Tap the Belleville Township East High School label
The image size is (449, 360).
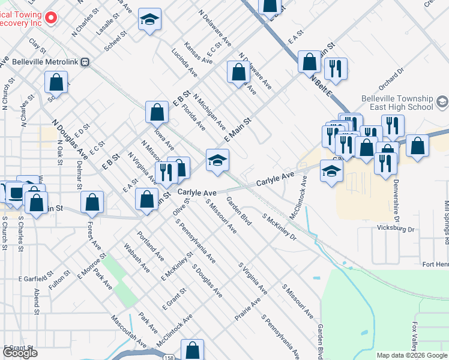pyautogui.click(x=397, y=103)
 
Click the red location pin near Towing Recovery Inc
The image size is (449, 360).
pyautogui.click(x=50, y=18)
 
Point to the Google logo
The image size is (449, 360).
pyautogui.click(x=20, y=353)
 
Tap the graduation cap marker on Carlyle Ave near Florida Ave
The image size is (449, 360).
pyautogui.click(x=217, y=160)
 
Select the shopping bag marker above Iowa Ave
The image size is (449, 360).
pyautogui.click(x=157, y=112)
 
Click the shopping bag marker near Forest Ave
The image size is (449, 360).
pyautogui.click(x=92, y=202)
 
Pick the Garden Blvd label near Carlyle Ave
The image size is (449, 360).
pyautogui.click(x=238, y=211)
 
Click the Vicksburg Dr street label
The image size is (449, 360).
pyautogui.click(x=396, y=229)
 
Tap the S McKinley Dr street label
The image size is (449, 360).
pyautogui.click(x=280, y=226)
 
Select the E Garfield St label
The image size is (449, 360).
pyautogui.click(x=36, y=279)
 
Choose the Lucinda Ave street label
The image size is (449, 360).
pyautogui.click(x=184, y=63)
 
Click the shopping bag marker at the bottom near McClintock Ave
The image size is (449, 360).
pyautogui.click(x=192, y=350)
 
